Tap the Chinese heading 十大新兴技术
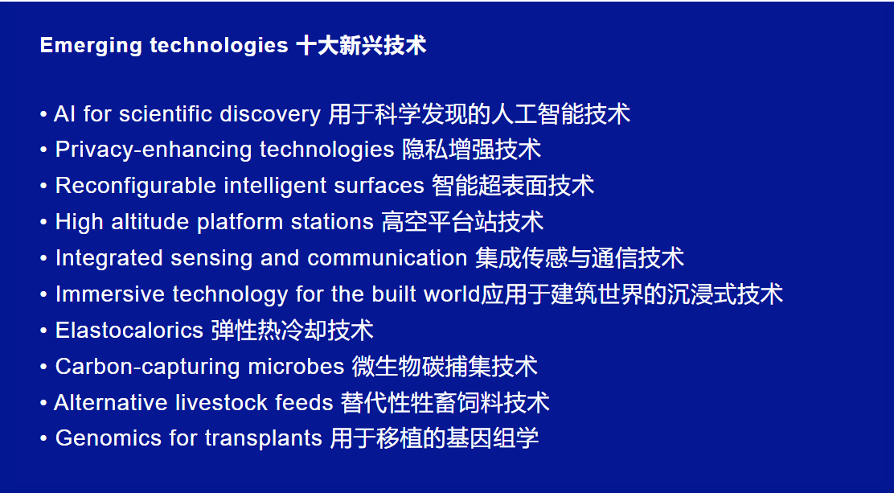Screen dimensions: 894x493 coord(362,45)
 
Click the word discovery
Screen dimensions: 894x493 coord(270,115)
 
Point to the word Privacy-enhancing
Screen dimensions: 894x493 coord(154,150)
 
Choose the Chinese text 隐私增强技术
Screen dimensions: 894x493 coord(471,150)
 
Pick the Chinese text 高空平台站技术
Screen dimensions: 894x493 coord(462,222)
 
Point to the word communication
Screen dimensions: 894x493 coord(388,258)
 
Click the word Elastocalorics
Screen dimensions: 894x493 coord(129,330)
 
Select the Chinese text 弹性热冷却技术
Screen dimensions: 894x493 coord(293,331)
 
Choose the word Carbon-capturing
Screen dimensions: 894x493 coord(148,366)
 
